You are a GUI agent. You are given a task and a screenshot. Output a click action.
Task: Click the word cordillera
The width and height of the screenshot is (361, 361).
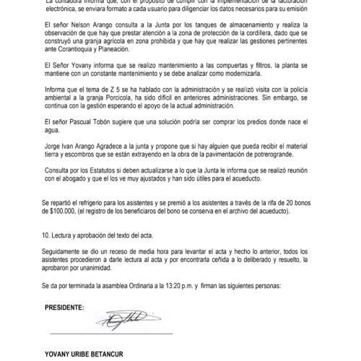tap(271, 35)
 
